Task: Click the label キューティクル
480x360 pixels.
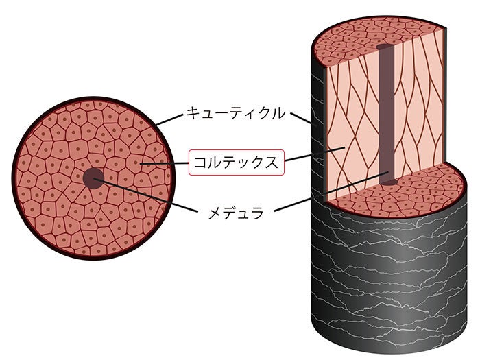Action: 235,113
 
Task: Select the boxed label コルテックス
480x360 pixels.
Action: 235,163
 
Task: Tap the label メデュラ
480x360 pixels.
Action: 236,213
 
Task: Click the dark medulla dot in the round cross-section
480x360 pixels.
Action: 93,178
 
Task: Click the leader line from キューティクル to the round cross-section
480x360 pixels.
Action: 170,119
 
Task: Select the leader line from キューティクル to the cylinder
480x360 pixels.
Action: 299,118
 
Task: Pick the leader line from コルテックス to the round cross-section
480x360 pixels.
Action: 165,163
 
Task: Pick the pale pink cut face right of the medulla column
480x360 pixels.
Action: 418,117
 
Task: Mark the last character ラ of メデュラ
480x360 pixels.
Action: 256,213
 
